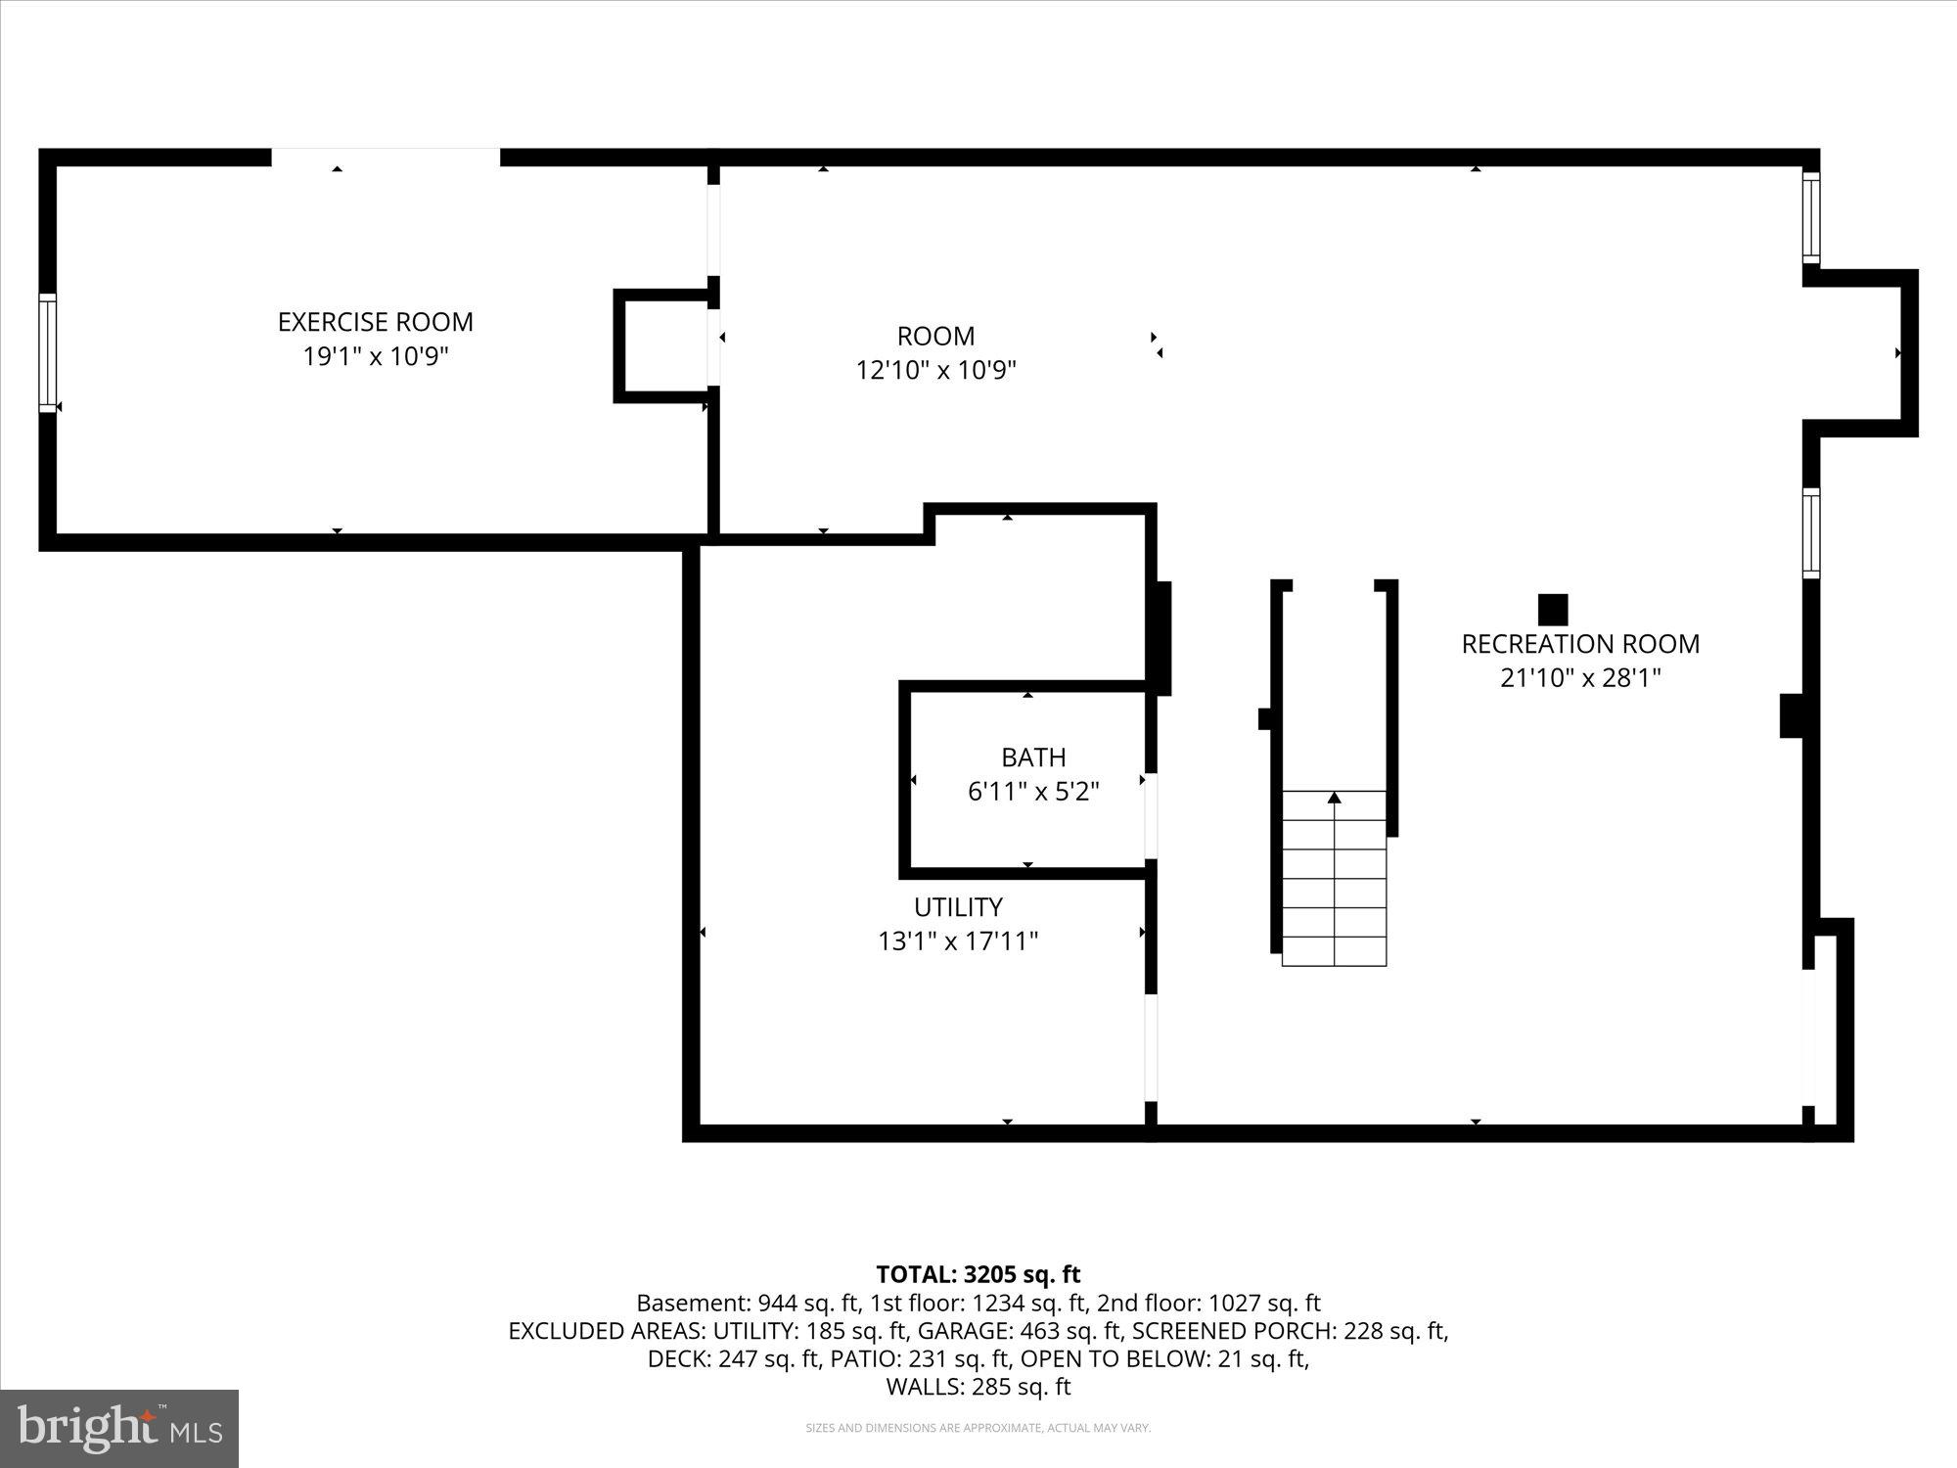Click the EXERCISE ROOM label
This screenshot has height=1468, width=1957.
click(375, 322)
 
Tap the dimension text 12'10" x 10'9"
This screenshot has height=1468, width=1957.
click(935, 371)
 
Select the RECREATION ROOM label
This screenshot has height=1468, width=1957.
click(1579, 644)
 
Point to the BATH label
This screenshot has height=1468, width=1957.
click(1032, 757)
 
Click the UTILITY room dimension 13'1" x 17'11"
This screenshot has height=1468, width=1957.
click(957, 941)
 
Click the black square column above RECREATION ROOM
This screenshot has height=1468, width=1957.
click(1553, 610)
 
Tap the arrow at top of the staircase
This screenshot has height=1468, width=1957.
click(1334, 798)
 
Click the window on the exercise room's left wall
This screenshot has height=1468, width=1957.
click(47, 352)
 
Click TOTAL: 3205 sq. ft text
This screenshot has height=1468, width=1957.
click(978, 1274)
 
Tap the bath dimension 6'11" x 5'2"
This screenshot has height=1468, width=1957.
click(1032, 792)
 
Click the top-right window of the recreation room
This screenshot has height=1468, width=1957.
click(1811, 217)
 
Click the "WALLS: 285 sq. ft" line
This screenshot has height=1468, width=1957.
click(978, 1387)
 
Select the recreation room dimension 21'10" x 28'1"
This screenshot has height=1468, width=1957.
click(1579, 678)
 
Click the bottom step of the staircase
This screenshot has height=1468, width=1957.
click(1334, 951)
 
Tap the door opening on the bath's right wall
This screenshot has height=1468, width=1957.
click(1151, 816)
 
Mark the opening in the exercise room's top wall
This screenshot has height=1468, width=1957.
click(386, 158)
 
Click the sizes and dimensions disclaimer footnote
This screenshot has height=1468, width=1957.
click(978, 1429)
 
